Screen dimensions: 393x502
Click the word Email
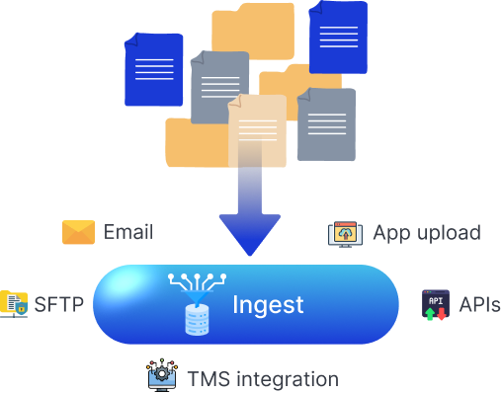(127, 232)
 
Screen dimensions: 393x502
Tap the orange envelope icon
(78, 232)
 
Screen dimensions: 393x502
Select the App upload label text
(426, 233)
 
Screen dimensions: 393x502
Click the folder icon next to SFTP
(13, 303)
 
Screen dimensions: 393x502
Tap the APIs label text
(479, 304)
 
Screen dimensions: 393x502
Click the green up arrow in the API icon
(429, 313)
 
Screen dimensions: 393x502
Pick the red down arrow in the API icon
(441, 313)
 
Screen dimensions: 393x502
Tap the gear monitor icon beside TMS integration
(161, 376)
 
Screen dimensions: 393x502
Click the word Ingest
(268, 304)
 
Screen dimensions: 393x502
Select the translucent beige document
(256, 130)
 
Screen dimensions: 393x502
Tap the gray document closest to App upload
(326, 124)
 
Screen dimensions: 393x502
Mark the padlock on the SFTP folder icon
(20, 308)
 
